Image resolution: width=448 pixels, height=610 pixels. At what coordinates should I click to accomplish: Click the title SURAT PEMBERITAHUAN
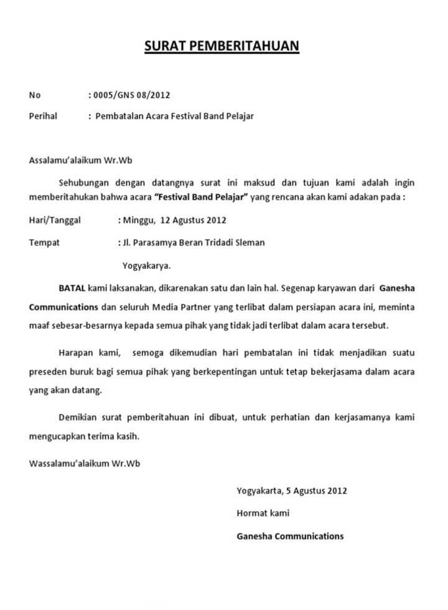point(222,45)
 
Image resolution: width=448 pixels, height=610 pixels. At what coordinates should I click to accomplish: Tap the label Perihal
point(43,116)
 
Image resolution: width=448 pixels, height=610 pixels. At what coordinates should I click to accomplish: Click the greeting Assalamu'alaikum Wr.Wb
point(81,160)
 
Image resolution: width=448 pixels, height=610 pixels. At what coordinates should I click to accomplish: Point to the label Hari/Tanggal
point(55,220)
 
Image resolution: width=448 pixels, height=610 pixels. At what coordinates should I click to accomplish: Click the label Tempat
point(44,243)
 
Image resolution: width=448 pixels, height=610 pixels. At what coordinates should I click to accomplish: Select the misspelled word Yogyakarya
point(147,265)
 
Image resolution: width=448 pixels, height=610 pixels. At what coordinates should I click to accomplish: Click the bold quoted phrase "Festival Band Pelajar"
point(200,198)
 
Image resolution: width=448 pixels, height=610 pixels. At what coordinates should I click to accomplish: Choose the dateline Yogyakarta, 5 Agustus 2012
point(292,490)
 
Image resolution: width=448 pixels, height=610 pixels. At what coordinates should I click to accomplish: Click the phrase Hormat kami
point(263,514)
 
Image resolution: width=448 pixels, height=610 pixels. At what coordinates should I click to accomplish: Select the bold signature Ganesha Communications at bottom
point(290,536)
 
